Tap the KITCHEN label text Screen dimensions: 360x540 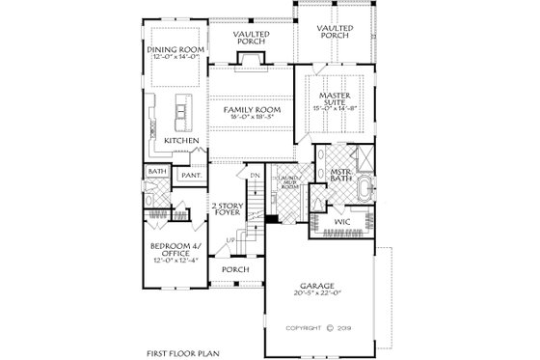(x=180, y=141)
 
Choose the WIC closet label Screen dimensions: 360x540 (x=342, y=223)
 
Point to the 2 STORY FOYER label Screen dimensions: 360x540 (x=228, y=209)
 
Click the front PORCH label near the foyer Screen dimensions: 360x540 (x=235, y=269)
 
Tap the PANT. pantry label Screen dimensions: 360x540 (x=191, y=176)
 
